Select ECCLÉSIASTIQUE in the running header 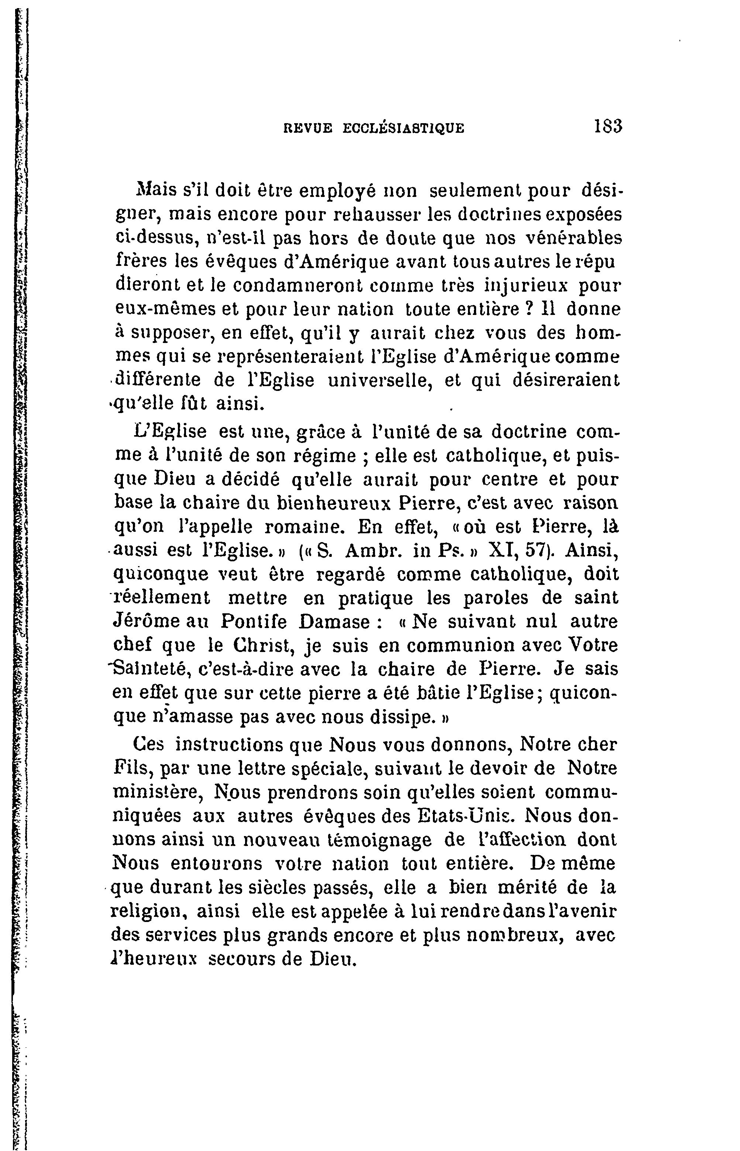pos(404,128)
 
